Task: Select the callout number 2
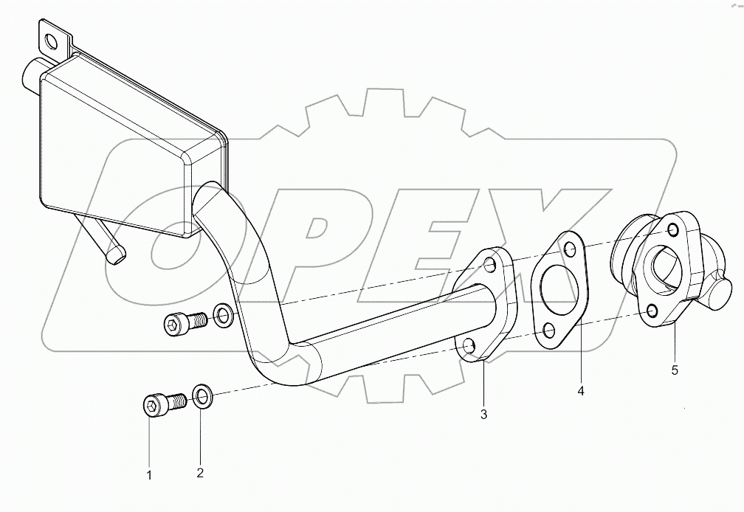[x=200, y=473]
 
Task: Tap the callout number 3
[x=483, y=415]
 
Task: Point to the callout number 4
[x=580, y=392]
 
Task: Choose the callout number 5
[x=675, y=370]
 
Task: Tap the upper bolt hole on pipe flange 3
[x=490, y=264]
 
